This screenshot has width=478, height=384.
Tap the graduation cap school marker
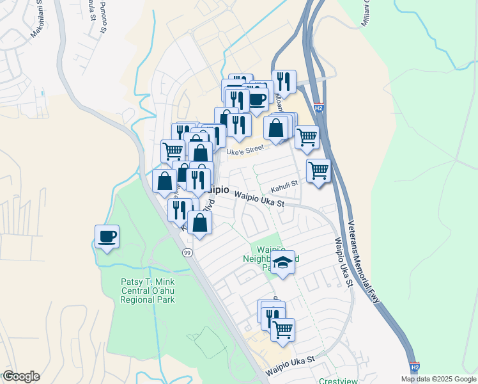pos(282,263)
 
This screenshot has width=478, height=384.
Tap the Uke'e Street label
pos(246,149)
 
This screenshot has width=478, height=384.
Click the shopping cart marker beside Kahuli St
pos(318,172)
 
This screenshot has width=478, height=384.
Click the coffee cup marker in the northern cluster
pos(258,100)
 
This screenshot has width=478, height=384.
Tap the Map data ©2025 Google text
pos(438,379)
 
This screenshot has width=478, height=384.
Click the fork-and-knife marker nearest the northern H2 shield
pos(284,82)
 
